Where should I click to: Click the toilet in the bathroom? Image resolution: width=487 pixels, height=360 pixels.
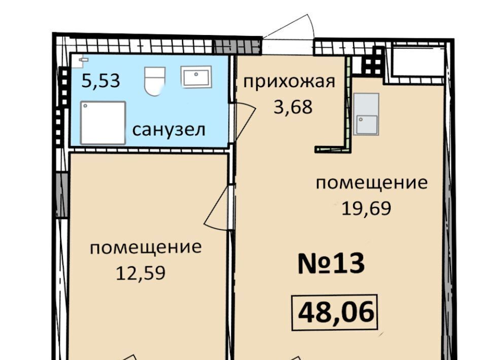point(155,82)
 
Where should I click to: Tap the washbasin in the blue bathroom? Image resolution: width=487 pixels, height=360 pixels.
point(196,77)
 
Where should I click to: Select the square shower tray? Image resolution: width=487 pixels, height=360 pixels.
point(103,123)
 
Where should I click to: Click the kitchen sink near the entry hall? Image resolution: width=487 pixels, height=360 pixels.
point(366,114)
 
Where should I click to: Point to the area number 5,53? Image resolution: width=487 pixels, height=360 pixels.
point(100,81)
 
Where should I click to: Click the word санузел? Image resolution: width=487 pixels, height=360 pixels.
point(168,130)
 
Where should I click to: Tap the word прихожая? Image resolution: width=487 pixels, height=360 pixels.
point(289,82)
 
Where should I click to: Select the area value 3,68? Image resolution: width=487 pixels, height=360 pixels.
point(293,107)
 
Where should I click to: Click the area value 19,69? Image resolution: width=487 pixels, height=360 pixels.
point(366,208)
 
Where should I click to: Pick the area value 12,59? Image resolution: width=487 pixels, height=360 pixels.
point(141,273)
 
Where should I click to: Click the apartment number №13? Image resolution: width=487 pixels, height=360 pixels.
point(331,264)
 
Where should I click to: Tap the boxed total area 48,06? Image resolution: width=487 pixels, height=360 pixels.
point(334,312)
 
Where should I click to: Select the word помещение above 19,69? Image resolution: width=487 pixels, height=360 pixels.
point(371,183)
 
